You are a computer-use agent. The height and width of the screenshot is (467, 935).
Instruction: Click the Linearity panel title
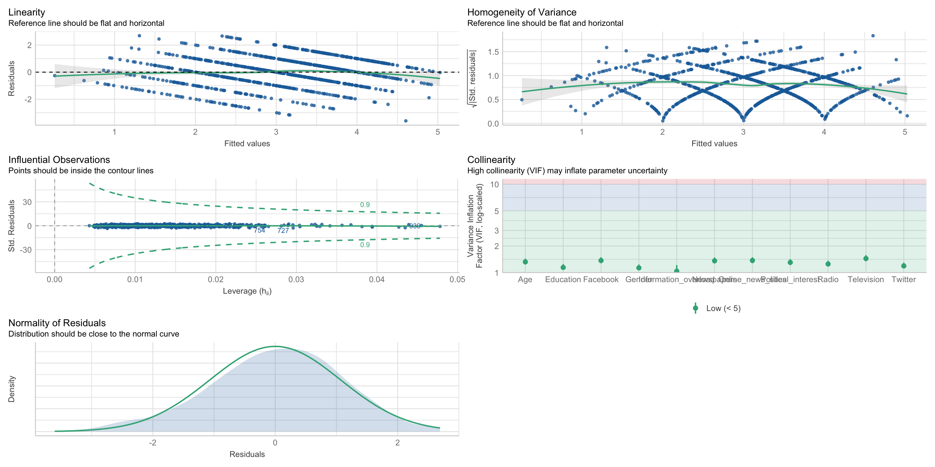[x=26, y=12]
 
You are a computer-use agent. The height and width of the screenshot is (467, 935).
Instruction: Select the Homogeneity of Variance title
[x=522, y=12]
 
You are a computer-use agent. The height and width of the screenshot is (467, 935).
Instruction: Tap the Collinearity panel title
[x=491, y=160]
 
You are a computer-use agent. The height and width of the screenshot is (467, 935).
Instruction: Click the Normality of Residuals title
[x=57, y=323]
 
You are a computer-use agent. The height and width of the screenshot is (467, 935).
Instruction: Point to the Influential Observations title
[x=59, y=160]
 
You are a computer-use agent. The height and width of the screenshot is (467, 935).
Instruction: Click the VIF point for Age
[x=525, y=262]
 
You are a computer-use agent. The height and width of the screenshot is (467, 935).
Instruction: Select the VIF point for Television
[x=866, y=258]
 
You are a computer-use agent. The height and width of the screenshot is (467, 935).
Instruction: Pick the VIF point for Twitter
[x=904, y=266]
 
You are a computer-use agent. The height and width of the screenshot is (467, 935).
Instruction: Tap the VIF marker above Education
[x=563, y=267]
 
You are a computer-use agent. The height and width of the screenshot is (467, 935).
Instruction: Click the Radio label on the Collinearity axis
[x=828, y=279]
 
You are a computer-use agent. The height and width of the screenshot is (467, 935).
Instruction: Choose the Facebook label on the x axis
[x=601, y=279]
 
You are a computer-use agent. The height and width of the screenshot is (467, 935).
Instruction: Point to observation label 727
[x=283, y=230]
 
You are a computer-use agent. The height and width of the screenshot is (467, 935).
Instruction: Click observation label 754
[x=260, y=230]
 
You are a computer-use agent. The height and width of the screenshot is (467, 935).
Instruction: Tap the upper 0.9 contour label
[x=365, y=205]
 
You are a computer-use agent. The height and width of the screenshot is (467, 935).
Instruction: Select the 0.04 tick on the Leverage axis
[x=377, y=279]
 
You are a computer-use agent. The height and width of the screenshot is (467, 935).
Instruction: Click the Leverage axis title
[x=247, y=291]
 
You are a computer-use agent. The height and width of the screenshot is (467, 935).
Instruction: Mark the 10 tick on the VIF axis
[x=494, y=185]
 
